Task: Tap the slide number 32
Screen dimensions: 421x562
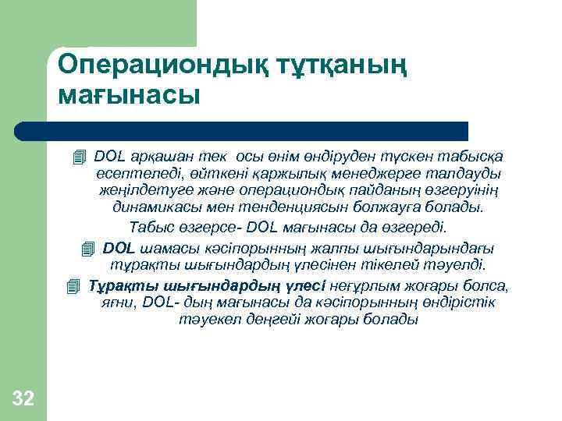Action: pyautogui.click(x=23, y=400)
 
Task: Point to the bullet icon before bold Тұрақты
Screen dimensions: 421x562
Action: pyautogui.click(x=73, y=285)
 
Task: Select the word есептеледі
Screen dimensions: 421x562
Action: pyautogui.click(x=129, y=173)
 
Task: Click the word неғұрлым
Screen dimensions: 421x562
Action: pyautogui.click(x=366, y=285)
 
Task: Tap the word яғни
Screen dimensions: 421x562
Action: pyautogui.click(x=116, y=302)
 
